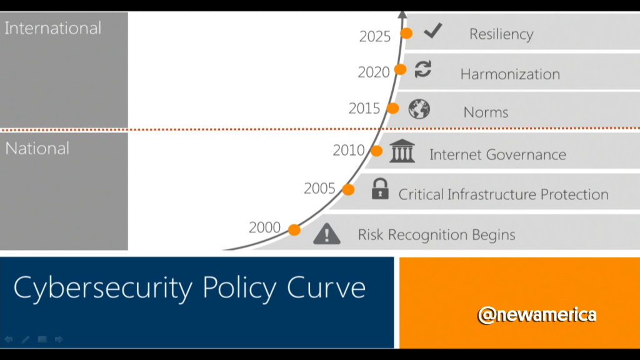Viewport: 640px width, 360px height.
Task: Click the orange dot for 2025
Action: (406, 33)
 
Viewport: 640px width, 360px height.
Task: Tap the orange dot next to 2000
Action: (294, 230)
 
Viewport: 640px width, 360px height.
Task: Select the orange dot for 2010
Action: (376, 151)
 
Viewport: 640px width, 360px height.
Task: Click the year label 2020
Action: (374, 72)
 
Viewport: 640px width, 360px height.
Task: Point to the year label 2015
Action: (364, 109)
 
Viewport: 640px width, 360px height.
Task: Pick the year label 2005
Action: (319, 189)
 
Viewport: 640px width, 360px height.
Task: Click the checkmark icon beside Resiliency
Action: (433, 31)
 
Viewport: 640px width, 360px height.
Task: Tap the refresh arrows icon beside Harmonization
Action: (423, 69)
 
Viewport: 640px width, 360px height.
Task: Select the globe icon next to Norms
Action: (419, 109)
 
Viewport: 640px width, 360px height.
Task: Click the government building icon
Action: (402, 151)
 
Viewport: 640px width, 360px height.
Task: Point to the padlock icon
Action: (380, 189)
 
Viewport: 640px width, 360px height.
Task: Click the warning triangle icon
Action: (326, 234)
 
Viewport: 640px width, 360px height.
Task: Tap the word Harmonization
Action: (510, 74)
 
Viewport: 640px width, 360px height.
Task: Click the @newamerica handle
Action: (537, 315)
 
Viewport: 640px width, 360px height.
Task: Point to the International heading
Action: (52, 28)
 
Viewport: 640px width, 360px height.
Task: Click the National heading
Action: (37, 148)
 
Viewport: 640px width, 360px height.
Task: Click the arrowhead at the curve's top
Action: (402, 14)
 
